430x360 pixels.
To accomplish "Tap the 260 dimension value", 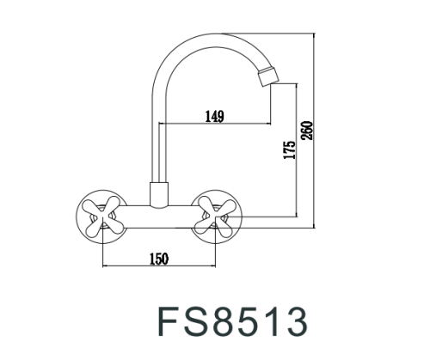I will coord(308,131).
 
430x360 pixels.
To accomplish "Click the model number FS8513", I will coord(231,320).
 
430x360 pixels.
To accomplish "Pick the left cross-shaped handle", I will coord(101,215).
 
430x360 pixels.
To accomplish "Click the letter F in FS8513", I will coord(168,320).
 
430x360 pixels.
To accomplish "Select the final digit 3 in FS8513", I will coord(294,320).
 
